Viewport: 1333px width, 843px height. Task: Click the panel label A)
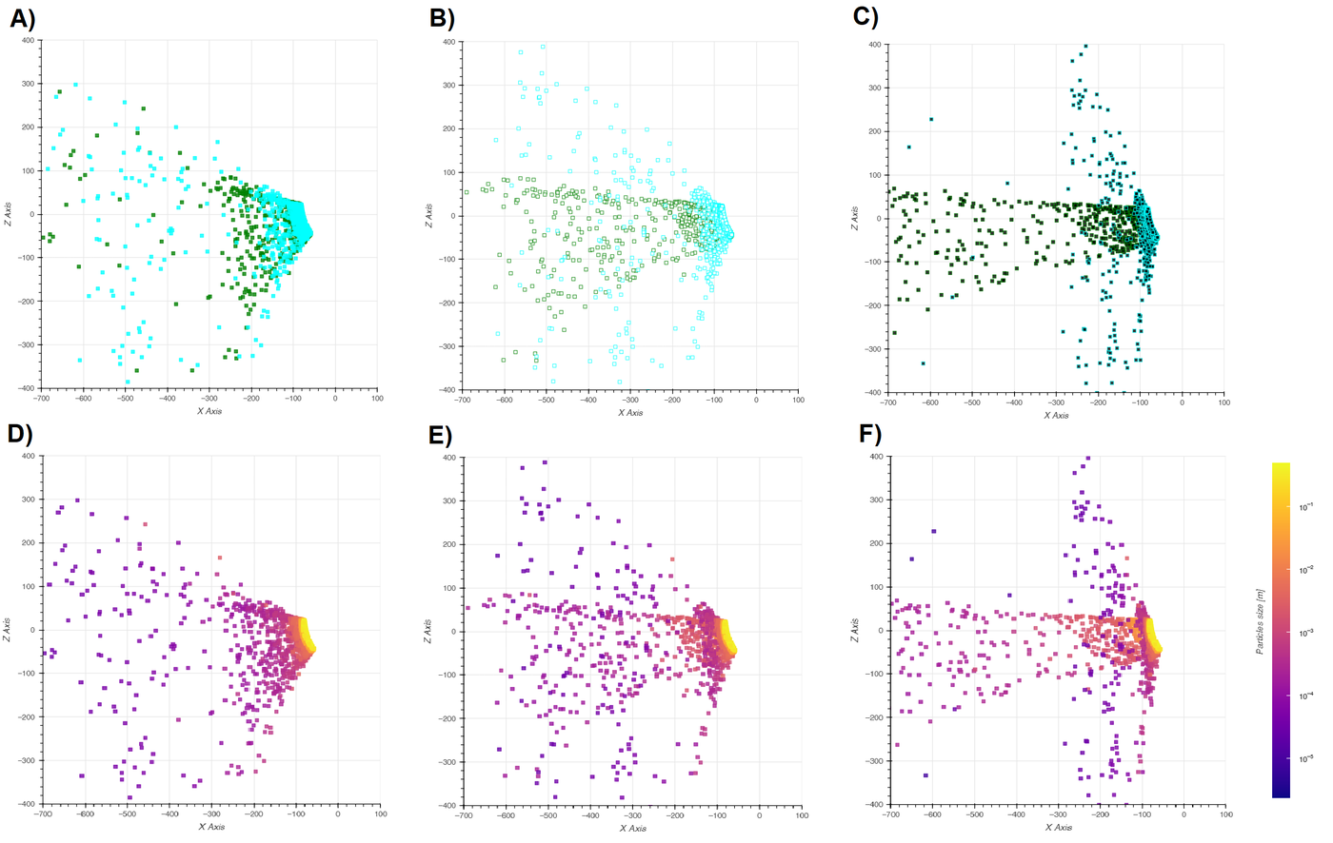click(22, 18)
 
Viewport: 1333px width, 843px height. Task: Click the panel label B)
click(442, 18)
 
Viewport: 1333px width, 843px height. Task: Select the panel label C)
click(865, 17)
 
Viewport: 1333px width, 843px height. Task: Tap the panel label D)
click(20, 434)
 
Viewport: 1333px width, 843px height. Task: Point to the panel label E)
click(441, 435)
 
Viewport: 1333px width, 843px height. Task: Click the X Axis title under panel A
click(209, 411)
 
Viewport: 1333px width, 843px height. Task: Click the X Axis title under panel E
click(631, 828)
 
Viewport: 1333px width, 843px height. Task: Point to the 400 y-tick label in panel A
click(29, 40)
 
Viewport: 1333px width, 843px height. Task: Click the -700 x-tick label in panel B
click(462, 400)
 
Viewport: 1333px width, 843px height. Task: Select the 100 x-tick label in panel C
click(1224, 402)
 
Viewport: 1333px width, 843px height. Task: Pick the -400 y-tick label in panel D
click(26, 804)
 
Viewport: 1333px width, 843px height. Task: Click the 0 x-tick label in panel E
click(759, 815)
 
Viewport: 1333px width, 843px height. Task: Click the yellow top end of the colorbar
click(1281, 469)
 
